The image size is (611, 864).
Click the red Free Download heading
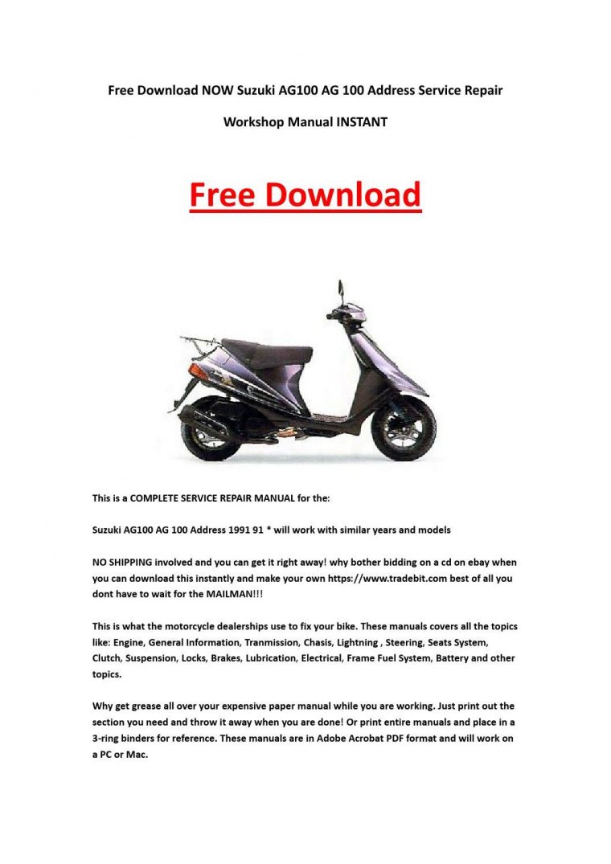click(305, 195)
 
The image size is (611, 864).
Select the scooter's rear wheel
click(211, 434)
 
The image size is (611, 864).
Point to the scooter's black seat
click(265, 350)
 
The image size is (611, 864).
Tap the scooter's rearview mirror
click(341, 287)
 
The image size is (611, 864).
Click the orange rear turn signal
click(198, 371)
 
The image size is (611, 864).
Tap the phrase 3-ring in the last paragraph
click(108, 737)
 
